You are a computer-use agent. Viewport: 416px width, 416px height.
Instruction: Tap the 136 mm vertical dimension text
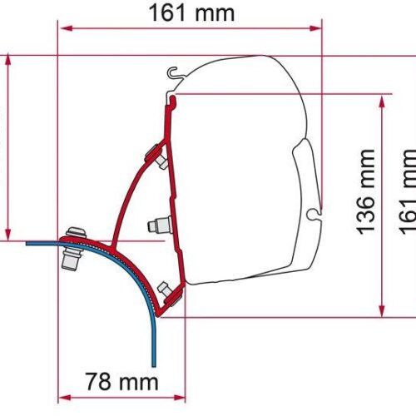pyautogui.click(x=365, y=192)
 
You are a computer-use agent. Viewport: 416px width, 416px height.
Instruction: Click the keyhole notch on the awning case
pyautogui.click(x=311, y=215)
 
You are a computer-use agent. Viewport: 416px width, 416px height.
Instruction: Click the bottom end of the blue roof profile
pyautogui.click(x=154, y=363)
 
